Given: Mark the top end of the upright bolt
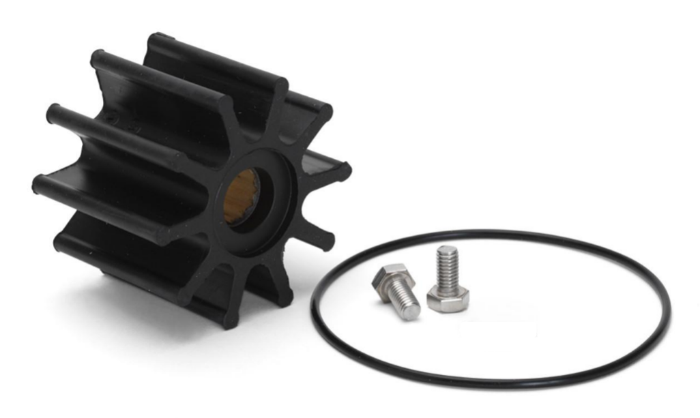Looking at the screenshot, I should coord(447,250).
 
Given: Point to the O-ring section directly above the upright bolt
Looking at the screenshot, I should coord(447,234).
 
